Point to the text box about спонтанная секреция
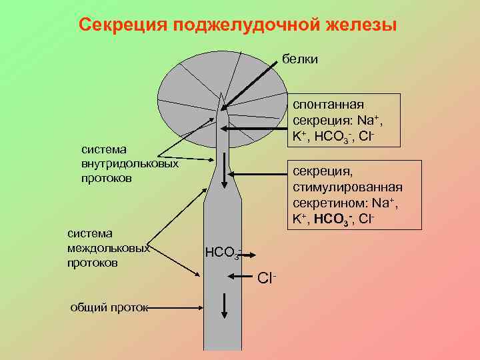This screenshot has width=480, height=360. tap(336, 121)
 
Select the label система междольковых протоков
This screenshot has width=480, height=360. tap(109, 248)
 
